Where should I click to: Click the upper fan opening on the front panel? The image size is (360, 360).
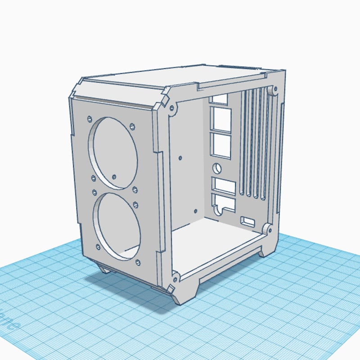pyautogui.click(x=113, y=152)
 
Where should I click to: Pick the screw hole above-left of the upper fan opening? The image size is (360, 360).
pyautogui.click(x=89, y=119)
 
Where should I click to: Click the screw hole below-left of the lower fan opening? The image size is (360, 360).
pyautogui.click(x=98, y=247)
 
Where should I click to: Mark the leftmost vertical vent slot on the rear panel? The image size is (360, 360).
pyautogui.click(x=244, y=144)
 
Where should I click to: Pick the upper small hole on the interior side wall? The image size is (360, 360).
pyautogui.click(x=180, y=158)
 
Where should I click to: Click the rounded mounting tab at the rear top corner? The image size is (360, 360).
pyautogui.click(x=273, y=91)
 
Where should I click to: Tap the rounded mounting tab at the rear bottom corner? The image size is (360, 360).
pyautogui.click(x=266, y=229)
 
